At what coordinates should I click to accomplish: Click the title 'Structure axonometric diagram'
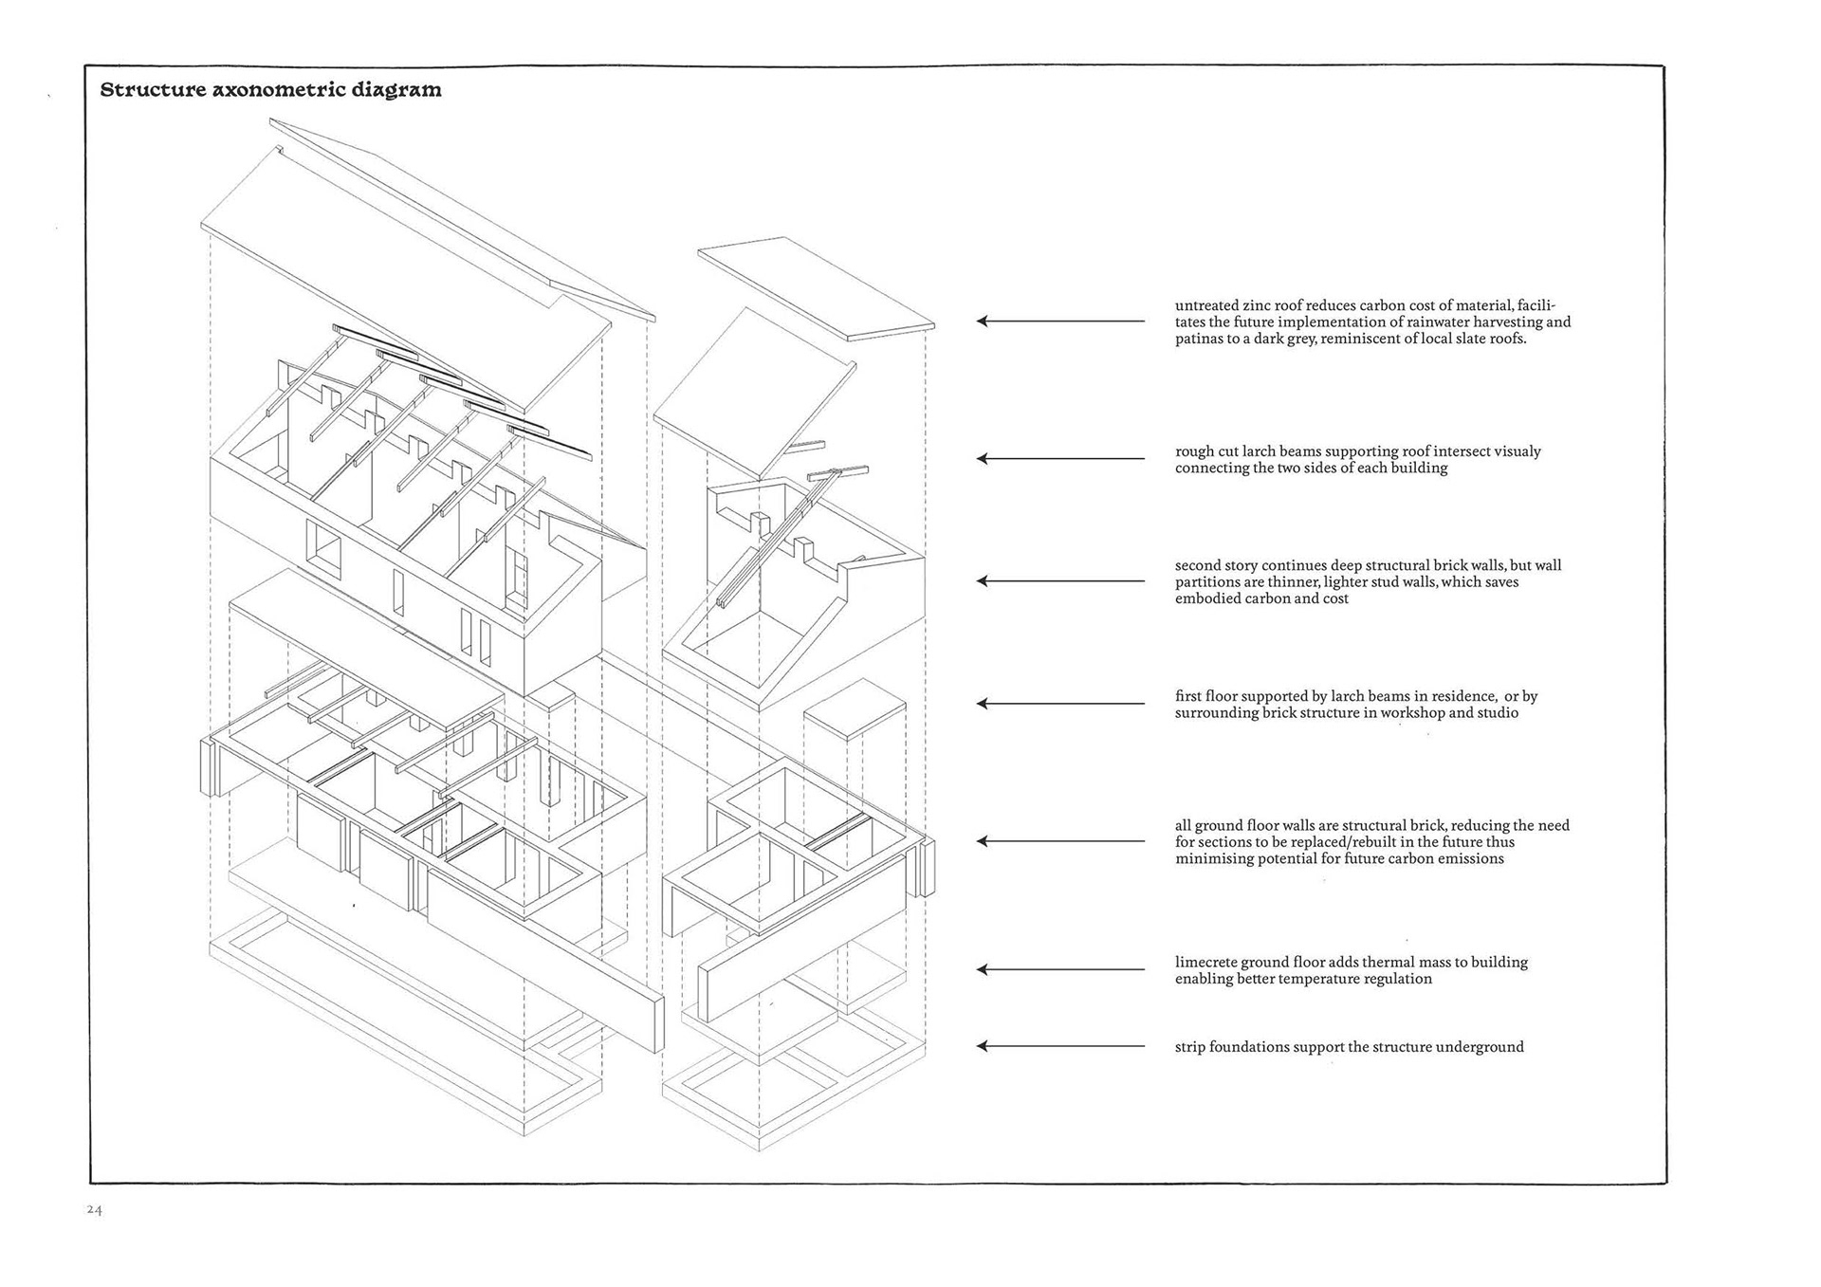(x=270, y=90)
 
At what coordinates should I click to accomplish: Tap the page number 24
(x=94, y=1209)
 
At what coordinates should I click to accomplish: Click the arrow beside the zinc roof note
(x=1060, y=322)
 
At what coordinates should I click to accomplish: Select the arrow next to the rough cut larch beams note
(x=1060, y=459)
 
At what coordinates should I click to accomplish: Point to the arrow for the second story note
(x=1060, y=580)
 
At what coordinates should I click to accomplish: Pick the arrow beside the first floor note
(x=1060, y=704)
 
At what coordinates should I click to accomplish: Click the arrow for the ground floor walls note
(x=1060, y=841)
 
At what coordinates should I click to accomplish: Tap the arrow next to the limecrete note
(x=1060, y=969)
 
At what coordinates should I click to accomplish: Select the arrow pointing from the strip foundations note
(x=1060, y=1046)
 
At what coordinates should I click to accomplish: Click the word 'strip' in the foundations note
(x=1191, y=1048)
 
